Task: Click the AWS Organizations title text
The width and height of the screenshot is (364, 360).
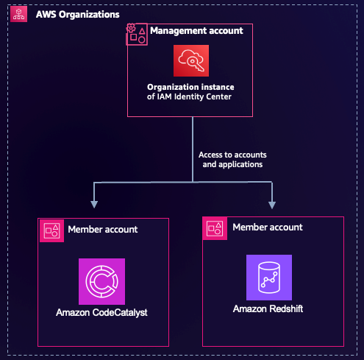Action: pyautogui.click(x=78, y=15)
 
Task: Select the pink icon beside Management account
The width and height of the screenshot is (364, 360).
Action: pyautogui.click(x=137, y=34)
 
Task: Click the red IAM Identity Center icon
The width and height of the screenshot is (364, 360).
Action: pyautogui.click(x=191, y=61)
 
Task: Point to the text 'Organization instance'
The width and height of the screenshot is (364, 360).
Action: pyautogui.click(x=190, y=86)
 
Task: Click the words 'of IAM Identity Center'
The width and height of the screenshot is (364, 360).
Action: pyautogui.click(x=190, y=96)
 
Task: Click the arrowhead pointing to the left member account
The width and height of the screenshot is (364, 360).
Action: pyautogui.click(x=93, y=202)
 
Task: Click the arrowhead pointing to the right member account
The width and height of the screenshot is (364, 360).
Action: pyautogui.click(x=273, y=202)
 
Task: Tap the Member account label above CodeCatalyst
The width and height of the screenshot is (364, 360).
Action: pyautogui.click(x=102, y=229)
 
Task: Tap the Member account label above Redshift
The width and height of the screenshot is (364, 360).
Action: pyautogui.click(x=267, y=227)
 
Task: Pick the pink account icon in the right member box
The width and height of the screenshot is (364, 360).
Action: pyautogui.click(x=215, y=228)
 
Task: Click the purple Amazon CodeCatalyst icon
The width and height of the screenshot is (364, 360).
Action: pyautogui.click(x=101, y=281)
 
